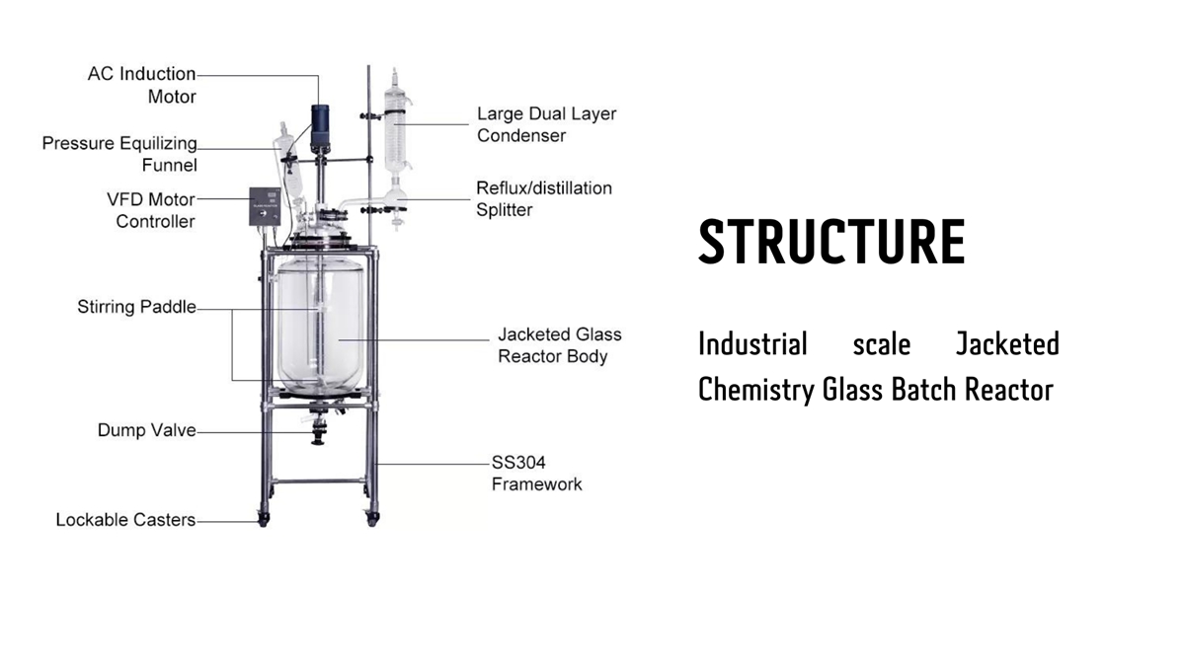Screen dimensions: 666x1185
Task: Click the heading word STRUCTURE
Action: [x=831, y=243]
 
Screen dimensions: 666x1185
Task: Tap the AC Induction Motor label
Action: [x=142, y=85]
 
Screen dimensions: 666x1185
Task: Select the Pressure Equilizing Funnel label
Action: [x=119, y=154]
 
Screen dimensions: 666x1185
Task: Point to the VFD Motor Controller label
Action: [x=151, y=209]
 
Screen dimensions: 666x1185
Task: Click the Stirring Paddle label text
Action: [x=136, y=307]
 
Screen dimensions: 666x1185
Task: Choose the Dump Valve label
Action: [x=146, y=430]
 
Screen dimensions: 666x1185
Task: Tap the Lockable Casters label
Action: [x=125, y=519]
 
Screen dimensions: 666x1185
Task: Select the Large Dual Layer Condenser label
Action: [x=546, y=124]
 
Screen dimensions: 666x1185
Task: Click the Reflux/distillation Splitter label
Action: [x=544, y=198]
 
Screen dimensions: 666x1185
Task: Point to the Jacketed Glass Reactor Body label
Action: [x=560, y=345]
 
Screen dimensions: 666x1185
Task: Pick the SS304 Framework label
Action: [x=536, y=473]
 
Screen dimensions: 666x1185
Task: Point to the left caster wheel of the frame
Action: [x=264, y=516]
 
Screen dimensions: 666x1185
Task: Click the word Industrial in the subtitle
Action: [x=752, y=344]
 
